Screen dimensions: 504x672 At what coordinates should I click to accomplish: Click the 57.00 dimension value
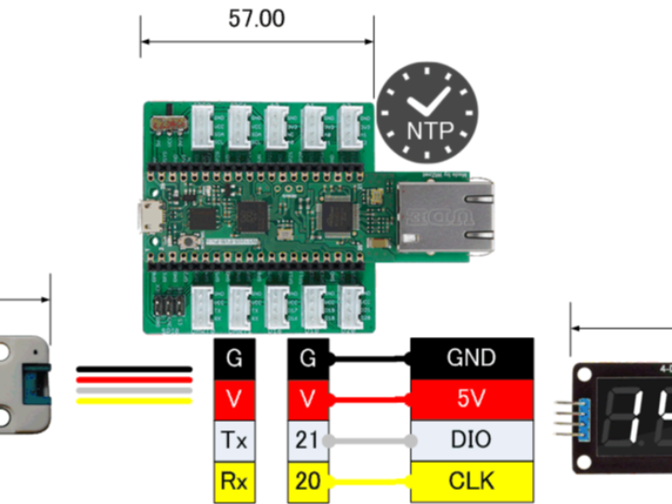point(257,19)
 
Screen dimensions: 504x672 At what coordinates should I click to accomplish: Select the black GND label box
point(471,357)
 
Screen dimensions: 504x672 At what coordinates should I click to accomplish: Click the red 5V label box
point(471,399)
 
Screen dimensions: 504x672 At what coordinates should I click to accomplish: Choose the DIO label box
point(471,440)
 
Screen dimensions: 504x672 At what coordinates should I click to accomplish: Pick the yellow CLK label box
point(471,481)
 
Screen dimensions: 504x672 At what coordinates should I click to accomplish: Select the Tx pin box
point(234,440)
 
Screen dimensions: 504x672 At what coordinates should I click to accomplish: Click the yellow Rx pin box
point(234,481)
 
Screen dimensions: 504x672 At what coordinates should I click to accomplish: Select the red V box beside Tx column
point(234,399)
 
